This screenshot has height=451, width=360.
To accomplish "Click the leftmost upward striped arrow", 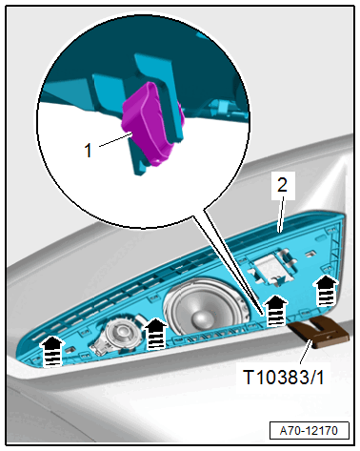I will [54, 350].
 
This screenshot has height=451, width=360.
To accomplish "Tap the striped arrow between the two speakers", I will [154, 333].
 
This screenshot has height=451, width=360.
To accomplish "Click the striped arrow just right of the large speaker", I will [275, 308].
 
